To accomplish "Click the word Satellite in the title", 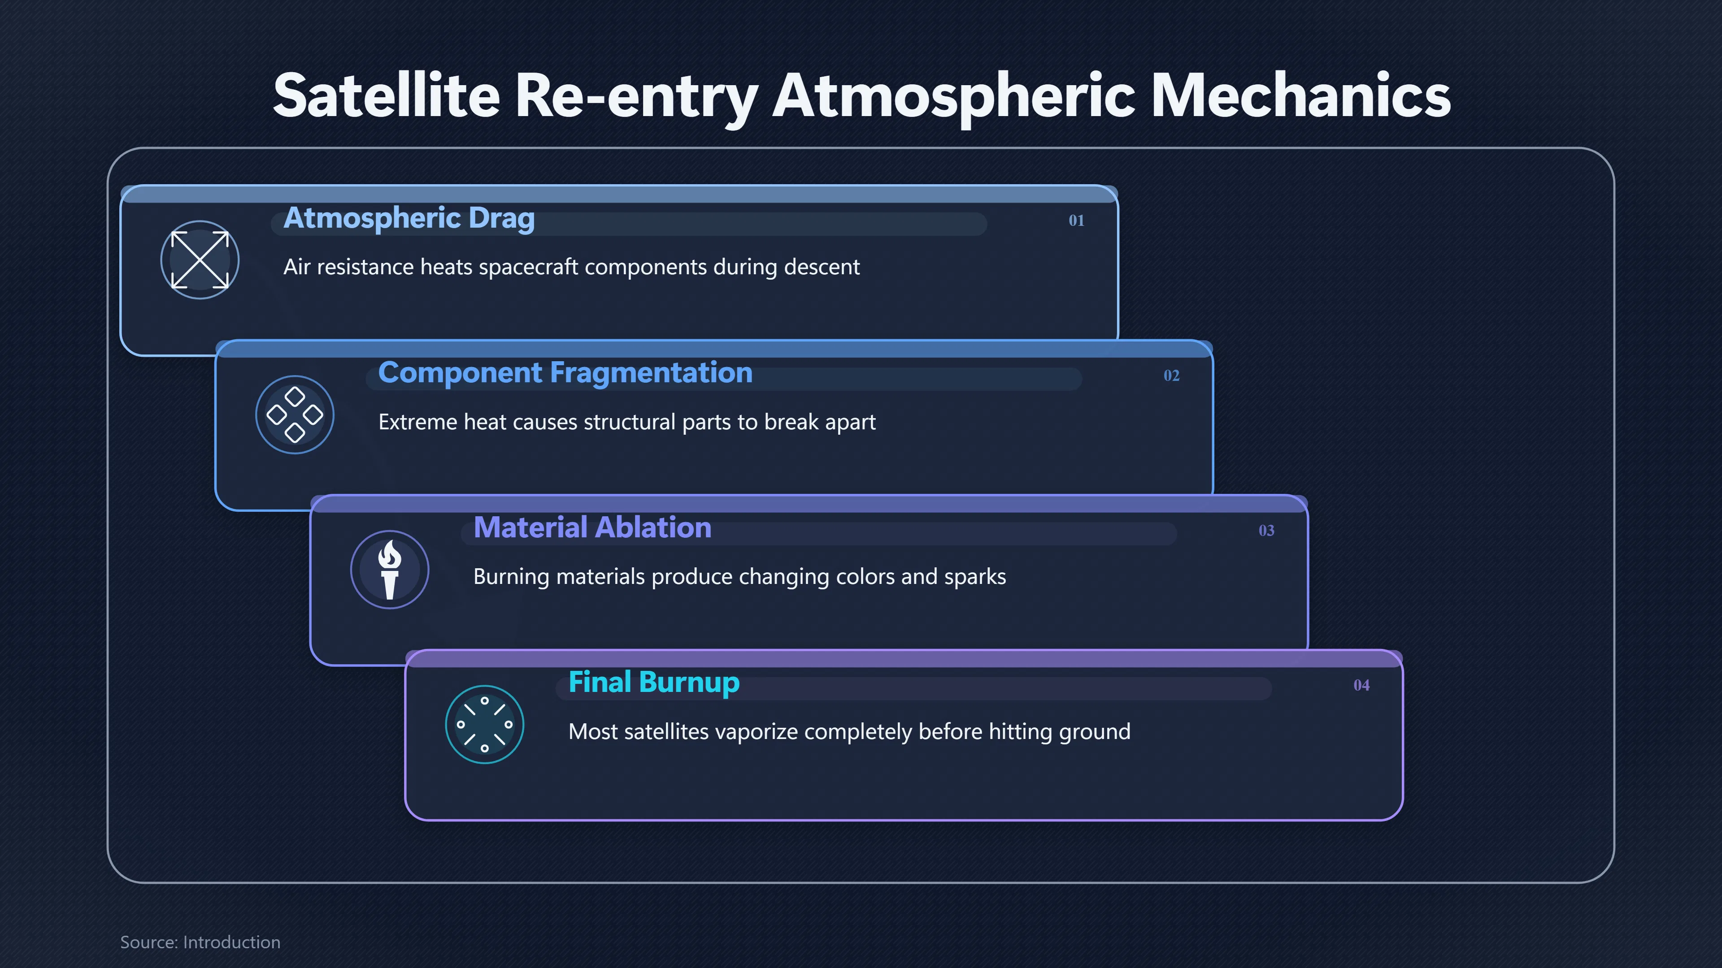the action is (387, 95).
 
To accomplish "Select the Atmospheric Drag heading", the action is (409, 218).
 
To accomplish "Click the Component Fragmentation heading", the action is (565, 373).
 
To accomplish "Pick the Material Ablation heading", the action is (592, 528).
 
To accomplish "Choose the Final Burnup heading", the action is (654, 683).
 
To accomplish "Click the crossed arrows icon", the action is (200, 260).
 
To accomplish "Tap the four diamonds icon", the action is (295, 415).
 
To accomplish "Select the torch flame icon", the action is (390, 570).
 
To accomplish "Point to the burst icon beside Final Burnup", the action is (485, 725).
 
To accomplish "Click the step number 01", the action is (1076, 220).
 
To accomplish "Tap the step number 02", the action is (1171, 376).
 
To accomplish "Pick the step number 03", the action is (1266, 531).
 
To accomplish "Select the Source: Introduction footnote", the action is (200, 942).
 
